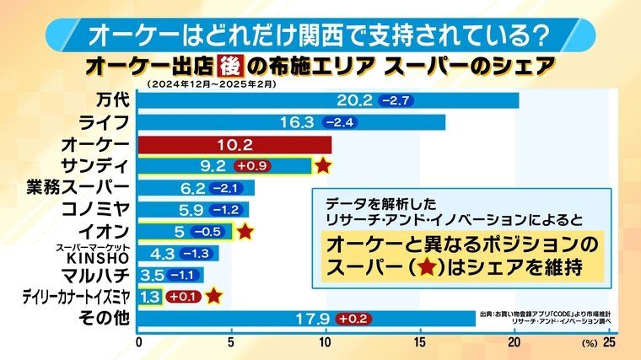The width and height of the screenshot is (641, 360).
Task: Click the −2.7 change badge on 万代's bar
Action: (396, 100)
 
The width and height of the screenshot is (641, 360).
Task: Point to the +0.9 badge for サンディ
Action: (250, 166)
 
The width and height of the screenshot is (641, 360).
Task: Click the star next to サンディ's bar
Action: (322, 165)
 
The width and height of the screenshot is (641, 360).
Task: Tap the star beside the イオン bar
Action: (245, 231)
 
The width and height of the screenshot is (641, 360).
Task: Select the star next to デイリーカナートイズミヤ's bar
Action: (213, 296)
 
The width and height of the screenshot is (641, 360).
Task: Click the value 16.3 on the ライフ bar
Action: (297, 122)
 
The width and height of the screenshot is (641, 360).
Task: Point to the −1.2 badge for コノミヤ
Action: (227, 209)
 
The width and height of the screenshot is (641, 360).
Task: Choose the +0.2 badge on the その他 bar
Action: (356, 319)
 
